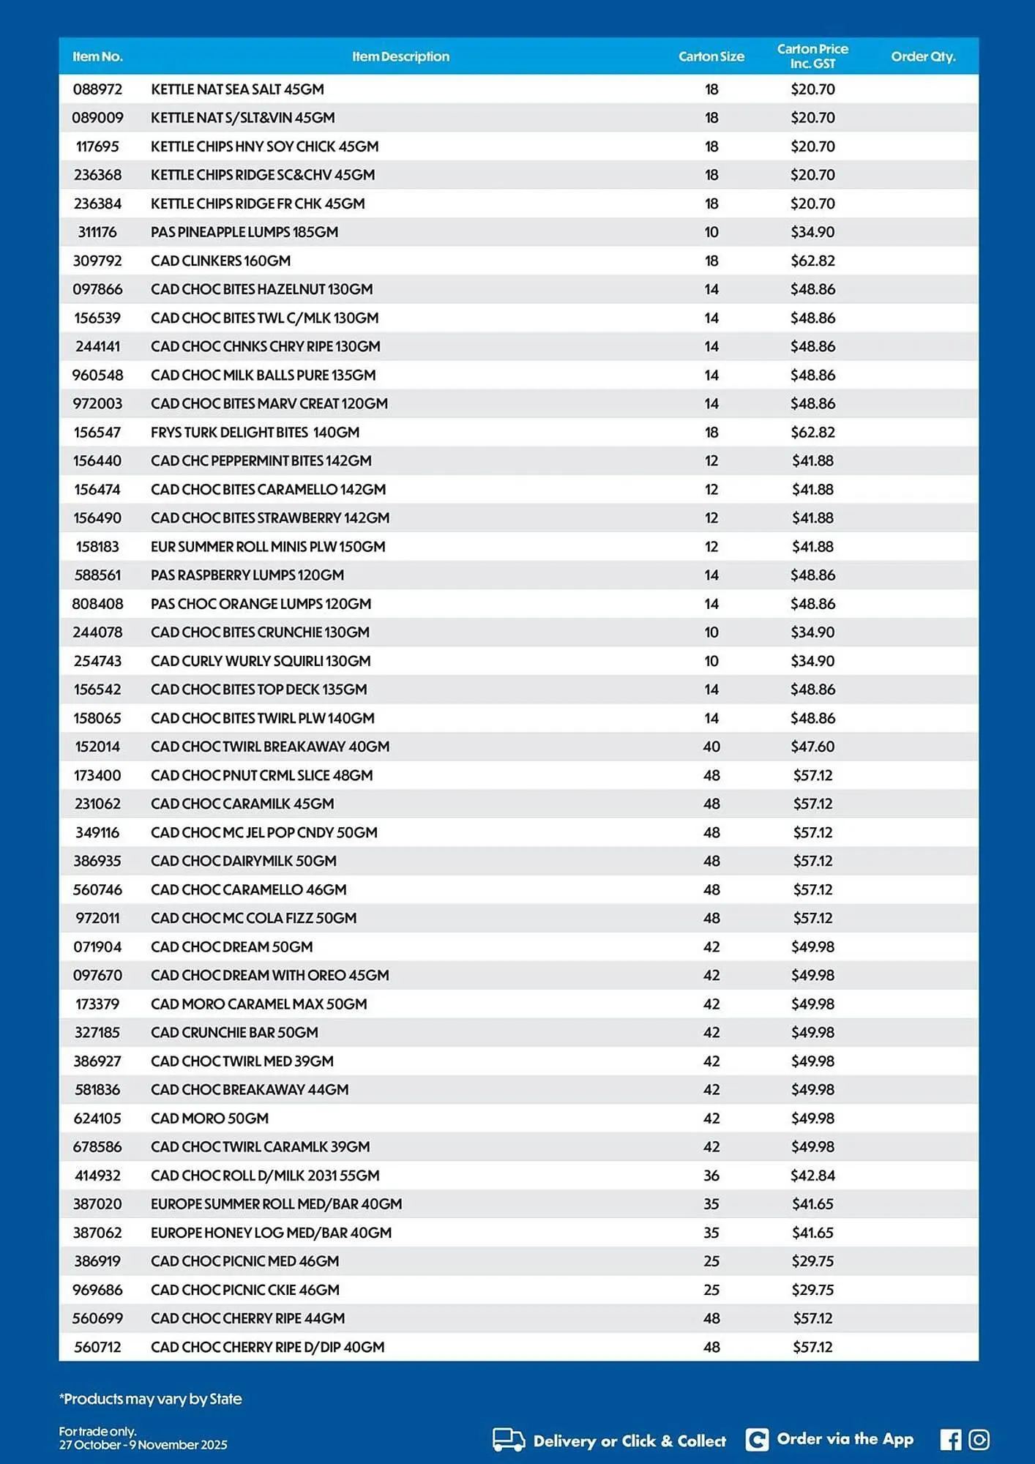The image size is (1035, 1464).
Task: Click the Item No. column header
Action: point(97,56)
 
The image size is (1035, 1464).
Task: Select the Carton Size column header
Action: point(711,56)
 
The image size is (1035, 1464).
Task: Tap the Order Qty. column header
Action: point(922,56)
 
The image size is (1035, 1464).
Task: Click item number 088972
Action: point(97,89)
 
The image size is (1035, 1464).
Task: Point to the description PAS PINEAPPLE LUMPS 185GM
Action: point(244,232)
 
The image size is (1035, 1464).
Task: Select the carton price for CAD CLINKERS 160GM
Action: point(812,261)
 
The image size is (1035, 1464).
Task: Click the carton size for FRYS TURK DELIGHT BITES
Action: point(711,433)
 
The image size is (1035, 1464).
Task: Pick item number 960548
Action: point(97,376)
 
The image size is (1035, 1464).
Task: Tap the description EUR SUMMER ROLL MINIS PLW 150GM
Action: point(268,547)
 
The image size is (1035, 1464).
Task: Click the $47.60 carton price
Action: point(812,747)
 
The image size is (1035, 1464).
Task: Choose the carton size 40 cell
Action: point(711,747)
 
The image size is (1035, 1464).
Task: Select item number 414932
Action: point(97,1176)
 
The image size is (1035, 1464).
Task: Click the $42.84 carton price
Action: point(812,1176)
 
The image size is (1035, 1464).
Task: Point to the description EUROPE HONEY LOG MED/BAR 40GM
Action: point(271,1233)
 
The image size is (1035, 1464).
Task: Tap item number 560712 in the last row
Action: point(97,1347)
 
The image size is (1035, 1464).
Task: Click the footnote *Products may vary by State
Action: point(151,1399)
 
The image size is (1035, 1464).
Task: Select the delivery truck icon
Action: point(509,1440)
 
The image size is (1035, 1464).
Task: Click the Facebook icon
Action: point(950,1440)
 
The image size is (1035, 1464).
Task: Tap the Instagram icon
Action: point(979,1440)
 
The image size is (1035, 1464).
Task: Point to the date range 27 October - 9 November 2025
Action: point(143,1445)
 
